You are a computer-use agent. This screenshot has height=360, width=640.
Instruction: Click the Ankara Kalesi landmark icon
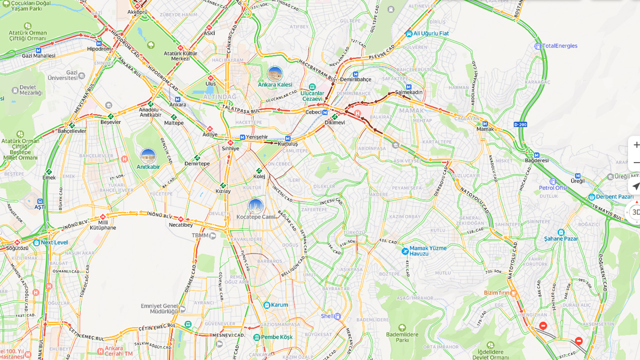(x=274, y=74)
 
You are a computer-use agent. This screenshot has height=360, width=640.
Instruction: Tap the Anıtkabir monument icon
(x=148, y=156)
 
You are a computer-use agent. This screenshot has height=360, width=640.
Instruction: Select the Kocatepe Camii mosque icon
(x=255, y=206)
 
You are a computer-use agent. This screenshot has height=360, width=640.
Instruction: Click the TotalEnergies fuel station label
(x=559, y=46)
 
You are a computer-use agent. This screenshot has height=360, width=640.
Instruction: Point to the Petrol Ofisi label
(x=553, y=188)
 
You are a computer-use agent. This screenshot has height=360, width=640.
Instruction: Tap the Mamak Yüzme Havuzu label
(x=427, y=250)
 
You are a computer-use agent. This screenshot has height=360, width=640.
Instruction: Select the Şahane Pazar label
(x=561, y=238)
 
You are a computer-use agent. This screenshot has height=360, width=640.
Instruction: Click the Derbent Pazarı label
(x=614, y=196)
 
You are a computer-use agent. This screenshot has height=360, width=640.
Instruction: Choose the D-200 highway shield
(x=520, y=124)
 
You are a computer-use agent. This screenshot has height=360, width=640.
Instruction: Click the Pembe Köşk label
(x=276, y=337)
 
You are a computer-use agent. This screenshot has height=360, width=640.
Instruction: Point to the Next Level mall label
(x=54, y=242)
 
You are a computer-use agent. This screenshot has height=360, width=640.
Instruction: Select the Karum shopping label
(x=279, y=305)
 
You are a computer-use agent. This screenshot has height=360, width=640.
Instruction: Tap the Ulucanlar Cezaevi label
(x=312, y=95)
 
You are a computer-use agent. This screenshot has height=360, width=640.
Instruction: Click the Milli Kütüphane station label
(x=103, y=225)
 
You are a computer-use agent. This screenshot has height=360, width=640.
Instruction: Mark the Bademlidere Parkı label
(x=402, y=336)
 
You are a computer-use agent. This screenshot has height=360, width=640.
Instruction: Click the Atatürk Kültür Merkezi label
(x=180, y=55)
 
